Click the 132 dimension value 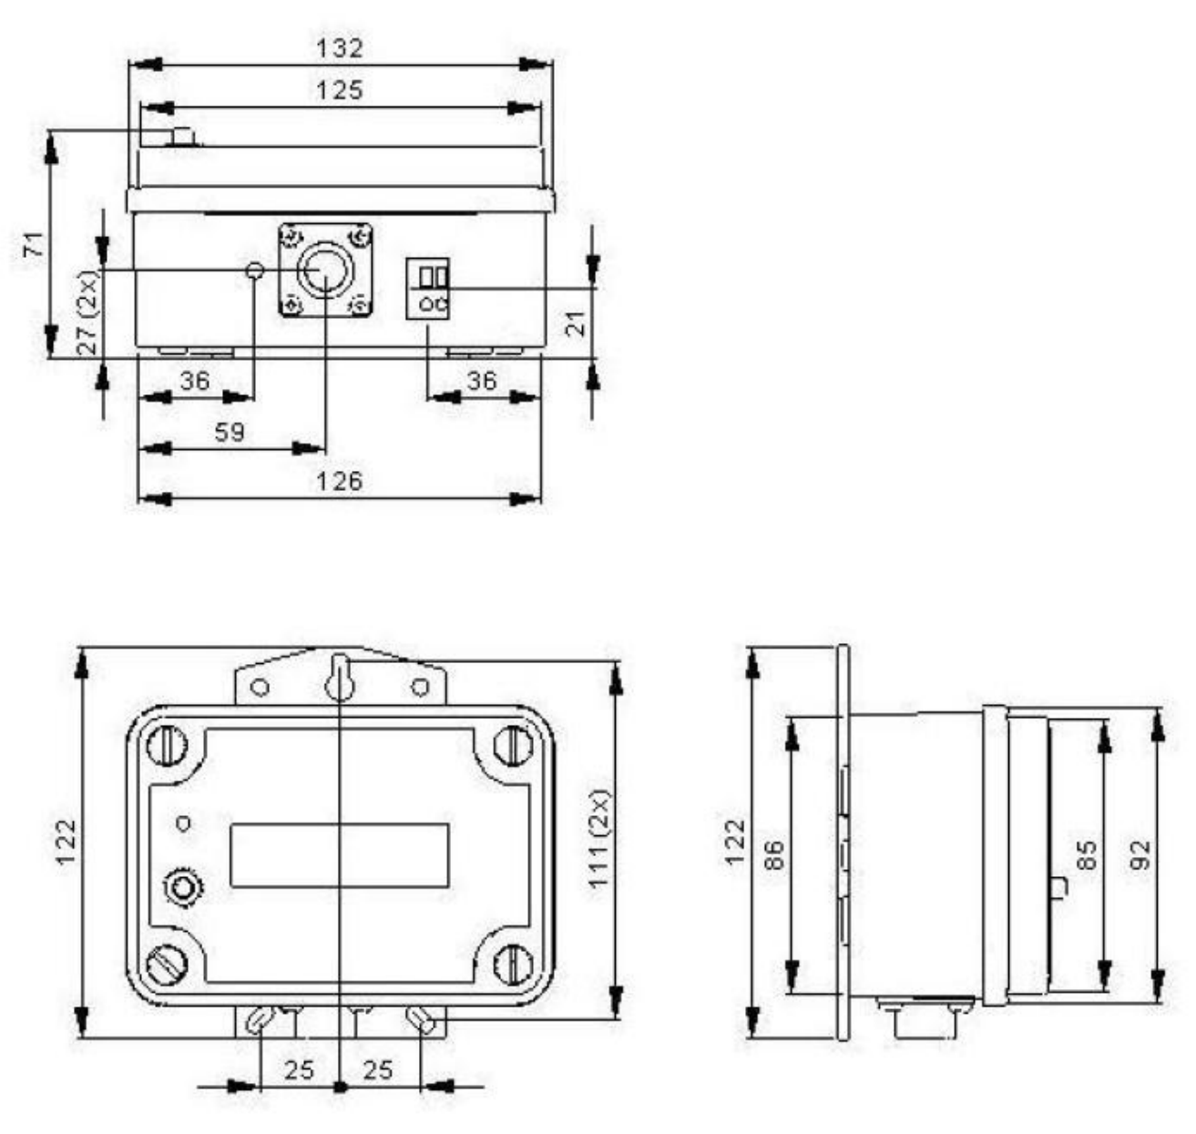pyautogui.click(x=340, y=48)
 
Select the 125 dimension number pyautogui.click(x=340, y=91)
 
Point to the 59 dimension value pyautogui.click(x=230, y=432)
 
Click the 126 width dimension pyautogui.click(x=340, y=481)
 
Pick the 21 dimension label pyautogui.click(x=575, y=323)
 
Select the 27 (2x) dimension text pyautogui.click(x=89, y=312)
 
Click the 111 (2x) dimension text pyautogui.click(x=600, y=840)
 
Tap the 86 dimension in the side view pyautogui.click(x=774, y=854)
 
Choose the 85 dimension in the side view pyautogui.click(x=1087, y=854)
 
